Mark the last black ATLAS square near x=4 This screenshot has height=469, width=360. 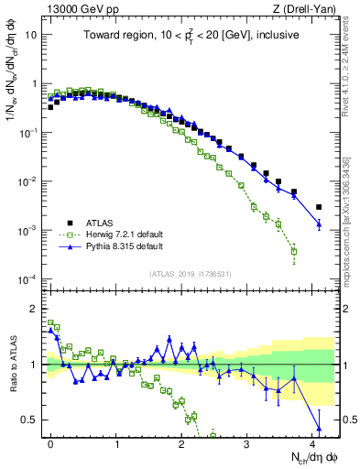(x=319, y=207)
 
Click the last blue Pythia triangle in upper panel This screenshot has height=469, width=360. (x=319, y=224)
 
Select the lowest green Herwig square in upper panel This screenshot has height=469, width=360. (x=294, y=251)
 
